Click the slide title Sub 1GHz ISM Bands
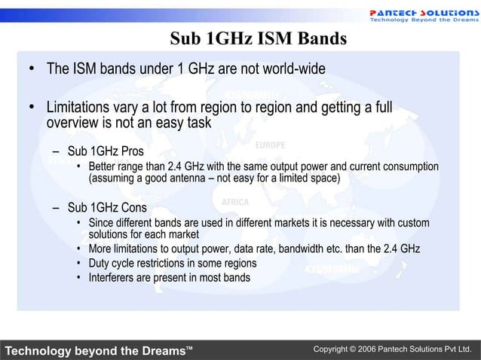tap(257, 38)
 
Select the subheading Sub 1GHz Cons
tap(107, 207)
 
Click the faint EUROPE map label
tap(270, 145)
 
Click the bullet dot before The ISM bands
tap(32, 69)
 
